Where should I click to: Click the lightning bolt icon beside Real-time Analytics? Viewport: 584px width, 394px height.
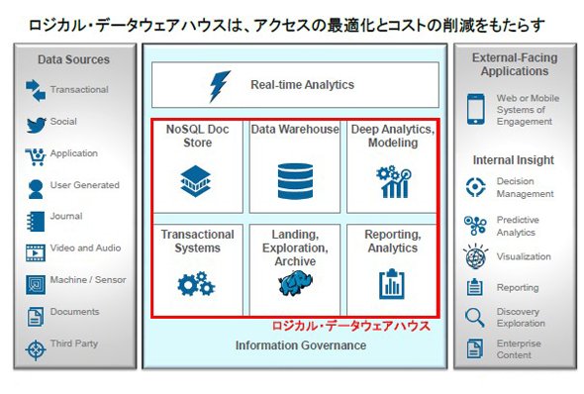[x=220, y=86]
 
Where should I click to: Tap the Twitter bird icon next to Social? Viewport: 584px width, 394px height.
[x=36, y=125]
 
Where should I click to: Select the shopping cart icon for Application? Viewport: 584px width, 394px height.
[x=36, y=156]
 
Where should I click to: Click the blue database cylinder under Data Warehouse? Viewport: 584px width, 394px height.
[x=295, y=181]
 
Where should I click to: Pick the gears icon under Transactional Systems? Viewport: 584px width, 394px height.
[x=196, y=284]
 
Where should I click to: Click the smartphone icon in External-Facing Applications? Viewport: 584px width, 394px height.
[x=476, y=109]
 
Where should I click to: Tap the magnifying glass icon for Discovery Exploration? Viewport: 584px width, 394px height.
[x=474, y=318]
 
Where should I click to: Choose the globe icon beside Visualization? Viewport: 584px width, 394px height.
[x=476, y=256]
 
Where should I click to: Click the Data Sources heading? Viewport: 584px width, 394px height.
[x=74, y=59]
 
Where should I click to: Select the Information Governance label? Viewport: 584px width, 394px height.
[x=301, y=345]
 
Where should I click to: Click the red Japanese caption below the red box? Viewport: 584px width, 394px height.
[x=350, y=327]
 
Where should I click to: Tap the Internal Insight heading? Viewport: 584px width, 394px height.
[x=514, y=160]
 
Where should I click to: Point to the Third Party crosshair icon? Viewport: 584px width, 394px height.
[x=36, y=350]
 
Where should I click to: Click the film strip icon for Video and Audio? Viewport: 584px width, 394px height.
[x=36, y=252]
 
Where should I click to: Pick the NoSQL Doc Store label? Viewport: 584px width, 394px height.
[x=197, y=136]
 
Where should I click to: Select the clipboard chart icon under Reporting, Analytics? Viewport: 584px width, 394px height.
[x=391, y=284]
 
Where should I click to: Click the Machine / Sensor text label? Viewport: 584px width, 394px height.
[x=88, y=280]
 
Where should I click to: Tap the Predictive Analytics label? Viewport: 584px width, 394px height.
[x=518, y=226]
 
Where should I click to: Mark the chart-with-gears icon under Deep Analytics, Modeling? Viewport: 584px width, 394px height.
[x=393, y=182]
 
